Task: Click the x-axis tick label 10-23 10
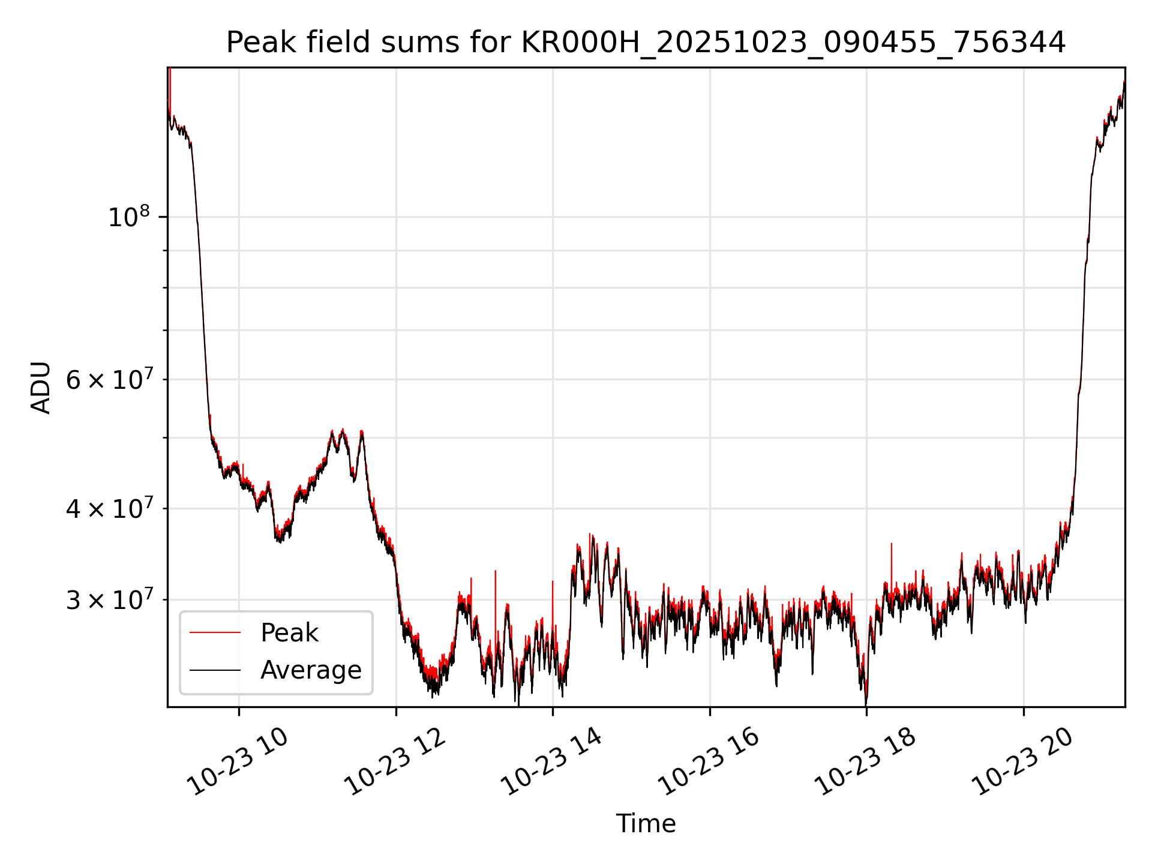238,762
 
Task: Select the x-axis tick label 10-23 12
395,762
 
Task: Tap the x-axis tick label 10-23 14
552,762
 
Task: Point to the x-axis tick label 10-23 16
709,762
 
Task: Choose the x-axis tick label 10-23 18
866,762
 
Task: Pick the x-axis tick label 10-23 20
1023,762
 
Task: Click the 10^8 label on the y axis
129,217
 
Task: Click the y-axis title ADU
41,388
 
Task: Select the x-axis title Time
646,824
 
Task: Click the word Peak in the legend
289,633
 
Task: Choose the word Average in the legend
311,670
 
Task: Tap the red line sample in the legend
215,633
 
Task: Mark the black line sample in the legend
215,670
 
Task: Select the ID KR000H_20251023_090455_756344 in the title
793,43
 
